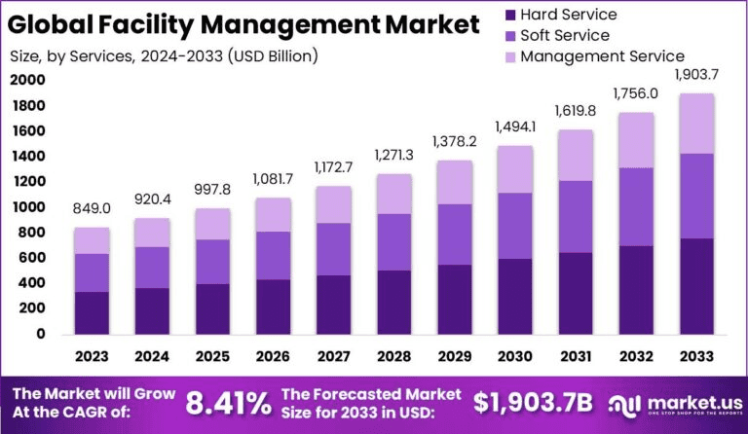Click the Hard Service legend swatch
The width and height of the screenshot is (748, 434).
click(507, 15)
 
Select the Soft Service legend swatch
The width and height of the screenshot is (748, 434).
click(507, 36)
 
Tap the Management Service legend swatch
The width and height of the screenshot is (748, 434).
click(507, 56)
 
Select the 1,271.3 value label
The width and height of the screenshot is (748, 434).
click(393, 156)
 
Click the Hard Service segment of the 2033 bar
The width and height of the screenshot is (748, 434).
click(697, 286)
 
